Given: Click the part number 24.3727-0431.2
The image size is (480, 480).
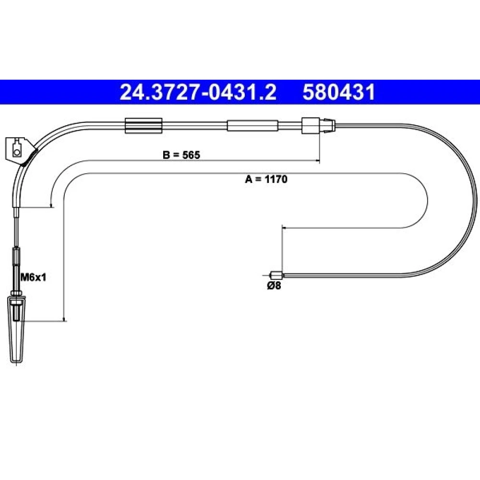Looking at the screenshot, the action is (x=198, y=93).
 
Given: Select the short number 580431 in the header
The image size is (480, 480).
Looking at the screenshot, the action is (x=339, y=93).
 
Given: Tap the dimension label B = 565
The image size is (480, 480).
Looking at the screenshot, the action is (x=181, y=155).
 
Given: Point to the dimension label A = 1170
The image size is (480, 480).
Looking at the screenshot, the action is (x=266, y=179).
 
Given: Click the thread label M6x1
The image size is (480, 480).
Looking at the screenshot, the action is (x=33, y=277).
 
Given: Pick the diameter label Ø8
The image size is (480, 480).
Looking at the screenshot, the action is (x=274, y=286).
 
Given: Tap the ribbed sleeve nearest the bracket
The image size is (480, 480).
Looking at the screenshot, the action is (x=144, y=125).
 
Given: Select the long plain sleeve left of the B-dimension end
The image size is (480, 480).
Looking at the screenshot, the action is (x=252, y=126).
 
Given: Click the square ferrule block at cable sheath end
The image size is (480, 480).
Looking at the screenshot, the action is (x=311, y=125).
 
